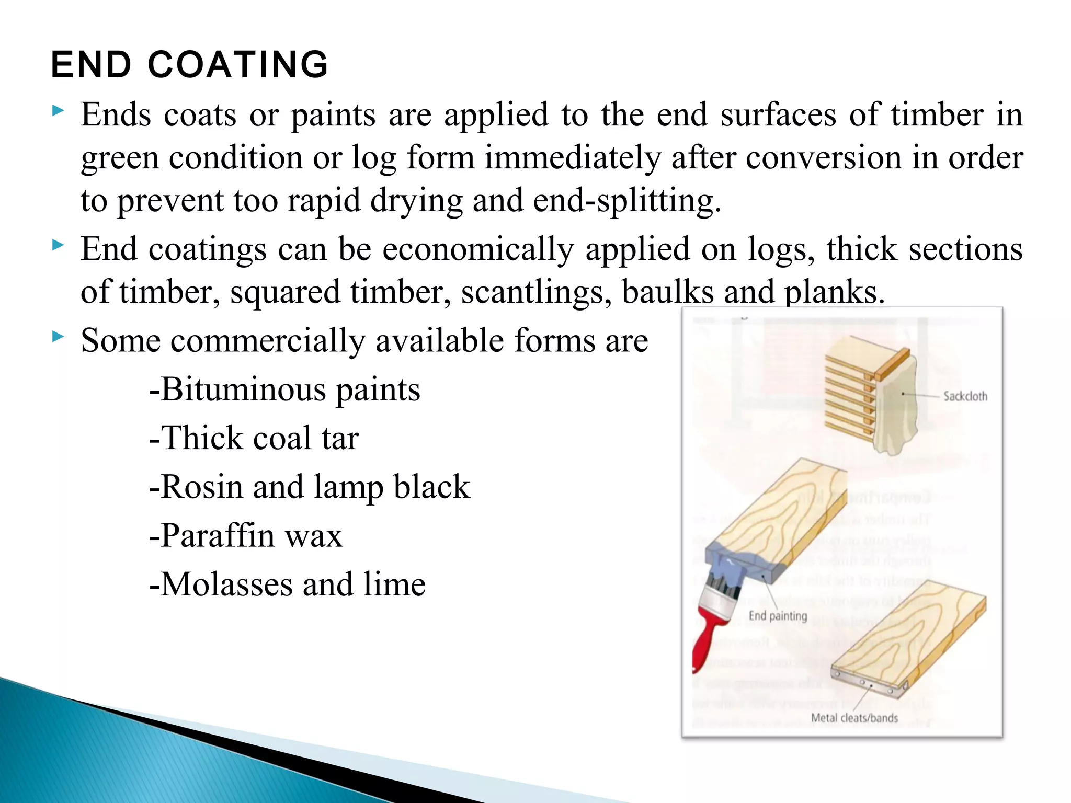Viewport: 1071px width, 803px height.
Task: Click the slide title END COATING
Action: [x=189, y=65]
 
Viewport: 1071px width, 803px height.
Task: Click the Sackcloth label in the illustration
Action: [x=965, y=396]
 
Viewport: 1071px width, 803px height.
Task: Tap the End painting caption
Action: [x=778, y=616]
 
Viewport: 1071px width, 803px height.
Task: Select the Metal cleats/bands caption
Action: [x=854, y=718]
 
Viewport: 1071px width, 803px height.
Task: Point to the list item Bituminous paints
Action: [x=285, y=390]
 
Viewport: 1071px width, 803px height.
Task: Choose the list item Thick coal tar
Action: [x=255, y=438]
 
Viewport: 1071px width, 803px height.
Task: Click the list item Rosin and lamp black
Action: [x=310, y=487]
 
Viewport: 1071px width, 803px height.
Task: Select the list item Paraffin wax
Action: [x=246, y=535]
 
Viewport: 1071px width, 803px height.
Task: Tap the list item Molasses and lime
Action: [x=288, y=584]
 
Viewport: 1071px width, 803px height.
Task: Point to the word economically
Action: [x=478, y=249]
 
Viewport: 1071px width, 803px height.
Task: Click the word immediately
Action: [x=573, y=158]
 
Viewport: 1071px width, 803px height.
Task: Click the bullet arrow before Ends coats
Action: [x=58, y=110]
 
